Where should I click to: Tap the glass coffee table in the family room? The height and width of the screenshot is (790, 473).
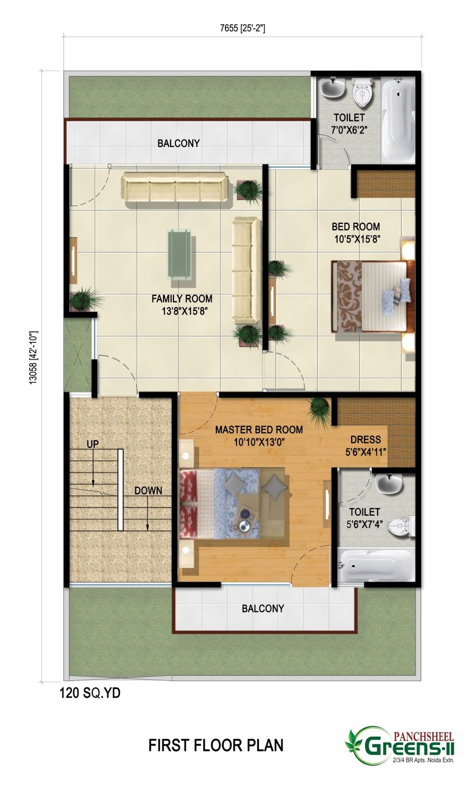(179, 254)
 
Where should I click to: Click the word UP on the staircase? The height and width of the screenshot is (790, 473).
(93, 444)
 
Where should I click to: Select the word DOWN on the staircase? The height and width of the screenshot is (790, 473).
(148, 491)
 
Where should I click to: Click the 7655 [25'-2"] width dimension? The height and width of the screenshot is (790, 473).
(242, 28)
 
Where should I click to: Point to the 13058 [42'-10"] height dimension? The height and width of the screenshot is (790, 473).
(34, 357)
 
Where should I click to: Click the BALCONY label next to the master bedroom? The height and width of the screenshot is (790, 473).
(263, 608)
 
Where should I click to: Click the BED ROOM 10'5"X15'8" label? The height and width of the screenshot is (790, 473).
(356, 233)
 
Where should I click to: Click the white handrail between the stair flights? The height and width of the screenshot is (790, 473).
(120, 489)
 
